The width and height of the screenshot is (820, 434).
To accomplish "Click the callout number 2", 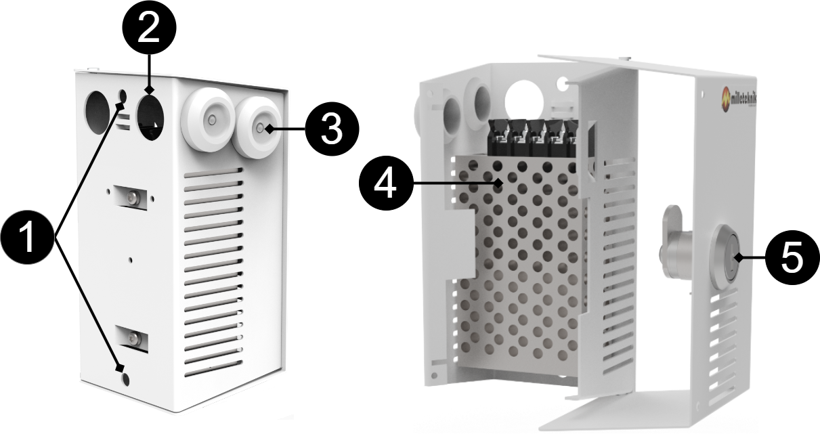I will coord(148,29).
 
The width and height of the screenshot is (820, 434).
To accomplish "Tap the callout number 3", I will coord(330,129).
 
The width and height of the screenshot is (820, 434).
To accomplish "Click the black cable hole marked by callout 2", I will coord(151,116).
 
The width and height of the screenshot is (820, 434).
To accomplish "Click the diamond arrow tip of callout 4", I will coord(499,183).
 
